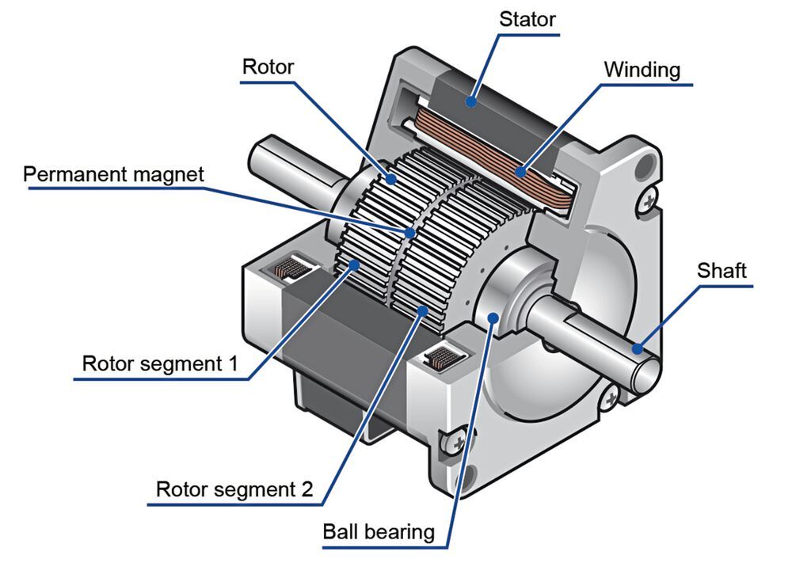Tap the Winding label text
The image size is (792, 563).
click(x=642, y=70)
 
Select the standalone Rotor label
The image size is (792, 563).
click(x=268, y=67)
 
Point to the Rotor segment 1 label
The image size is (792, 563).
click(x=160, y=365)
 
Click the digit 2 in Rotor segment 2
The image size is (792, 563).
click(x=307, y=489)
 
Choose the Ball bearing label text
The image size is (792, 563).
click(x=379, y=531)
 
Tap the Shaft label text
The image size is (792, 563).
click(x=722, y=270)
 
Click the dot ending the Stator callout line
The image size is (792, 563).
click(x=471, y=101)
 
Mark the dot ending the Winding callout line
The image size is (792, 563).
click(x=520, y=170)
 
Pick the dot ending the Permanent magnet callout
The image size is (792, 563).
click(x=410, y=233)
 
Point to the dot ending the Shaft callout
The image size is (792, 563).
click(x=636, y=345)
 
